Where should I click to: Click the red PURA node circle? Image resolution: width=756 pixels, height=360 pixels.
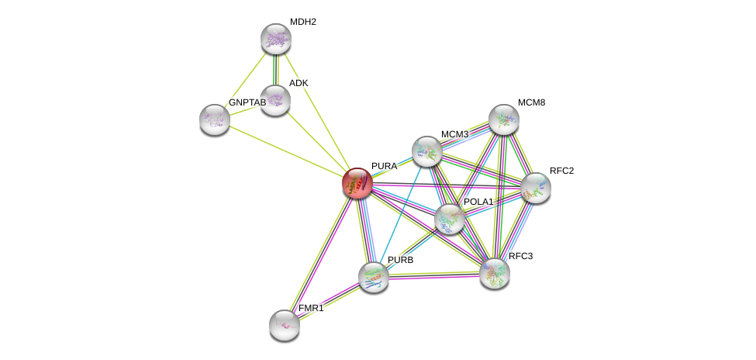point(357,183)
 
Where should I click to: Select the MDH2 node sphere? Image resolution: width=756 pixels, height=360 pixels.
point(275,39)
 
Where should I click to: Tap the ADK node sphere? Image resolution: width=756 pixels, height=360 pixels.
point(274,99)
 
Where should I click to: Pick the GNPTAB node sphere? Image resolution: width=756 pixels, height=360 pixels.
point(215,119)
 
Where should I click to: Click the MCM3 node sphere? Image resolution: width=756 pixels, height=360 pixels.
point(426,151)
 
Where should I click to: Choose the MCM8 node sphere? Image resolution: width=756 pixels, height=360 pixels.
point(503,119)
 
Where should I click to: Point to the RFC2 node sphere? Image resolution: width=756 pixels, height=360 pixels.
point(535,188)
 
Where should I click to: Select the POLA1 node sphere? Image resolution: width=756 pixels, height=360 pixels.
point(449,219)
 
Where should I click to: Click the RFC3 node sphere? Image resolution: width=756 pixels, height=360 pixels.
point(494,272)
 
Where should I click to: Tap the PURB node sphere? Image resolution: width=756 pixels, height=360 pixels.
point(373,276)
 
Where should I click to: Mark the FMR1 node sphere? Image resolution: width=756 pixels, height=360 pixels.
point(285,324)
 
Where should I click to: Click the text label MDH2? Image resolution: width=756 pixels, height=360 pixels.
point(302,22)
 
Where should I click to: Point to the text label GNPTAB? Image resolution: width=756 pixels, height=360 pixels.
point(247,102)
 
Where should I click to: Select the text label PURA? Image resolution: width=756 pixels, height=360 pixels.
point(384,166)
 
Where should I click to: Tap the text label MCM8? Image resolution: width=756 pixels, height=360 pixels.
point(531,102)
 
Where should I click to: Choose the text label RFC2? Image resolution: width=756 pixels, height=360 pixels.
point(561,171)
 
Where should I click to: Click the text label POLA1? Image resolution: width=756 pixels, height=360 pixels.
point(478,202)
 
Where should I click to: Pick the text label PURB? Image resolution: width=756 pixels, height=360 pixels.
point(401,260)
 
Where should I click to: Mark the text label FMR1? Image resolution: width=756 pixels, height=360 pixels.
point(311,308)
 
